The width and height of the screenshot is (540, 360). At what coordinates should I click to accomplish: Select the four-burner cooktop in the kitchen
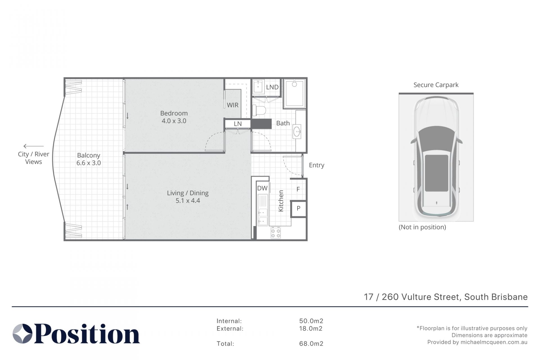click(275, 233)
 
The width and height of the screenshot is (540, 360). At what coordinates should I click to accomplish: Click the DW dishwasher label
click(262, 188)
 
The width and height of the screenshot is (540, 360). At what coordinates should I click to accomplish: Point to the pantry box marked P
click(298, 209)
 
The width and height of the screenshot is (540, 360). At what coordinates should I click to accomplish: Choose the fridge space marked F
click(298, 189)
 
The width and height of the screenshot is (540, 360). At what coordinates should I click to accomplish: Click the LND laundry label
click(272, 87)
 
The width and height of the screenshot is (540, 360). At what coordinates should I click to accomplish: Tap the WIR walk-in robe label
click(233, 105)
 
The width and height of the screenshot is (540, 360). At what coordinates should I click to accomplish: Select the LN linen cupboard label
click(238, 124)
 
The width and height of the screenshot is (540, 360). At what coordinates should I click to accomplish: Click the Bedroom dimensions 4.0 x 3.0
click(174, 121)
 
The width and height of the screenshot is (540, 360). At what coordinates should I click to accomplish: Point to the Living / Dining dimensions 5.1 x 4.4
click(188, 201)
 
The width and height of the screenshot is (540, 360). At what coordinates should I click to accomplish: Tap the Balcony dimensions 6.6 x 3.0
click(89, 163)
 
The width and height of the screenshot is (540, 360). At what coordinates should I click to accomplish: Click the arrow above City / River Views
click(33, 146)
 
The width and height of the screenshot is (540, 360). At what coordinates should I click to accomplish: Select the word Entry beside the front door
click(316, 165)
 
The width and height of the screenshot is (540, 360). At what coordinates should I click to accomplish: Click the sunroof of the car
click(436, 173)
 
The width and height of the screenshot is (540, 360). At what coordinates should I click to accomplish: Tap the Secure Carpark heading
click(436, 85)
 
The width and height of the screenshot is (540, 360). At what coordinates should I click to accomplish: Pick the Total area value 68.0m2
click(311, 344)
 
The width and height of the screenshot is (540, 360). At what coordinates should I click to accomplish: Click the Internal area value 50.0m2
click(311, 321)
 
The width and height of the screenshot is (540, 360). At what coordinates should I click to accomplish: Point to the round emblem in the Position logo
click(22, 334)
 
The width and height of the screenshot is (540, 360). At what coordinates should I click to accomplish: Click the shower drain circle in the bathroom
click(294, 84)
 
